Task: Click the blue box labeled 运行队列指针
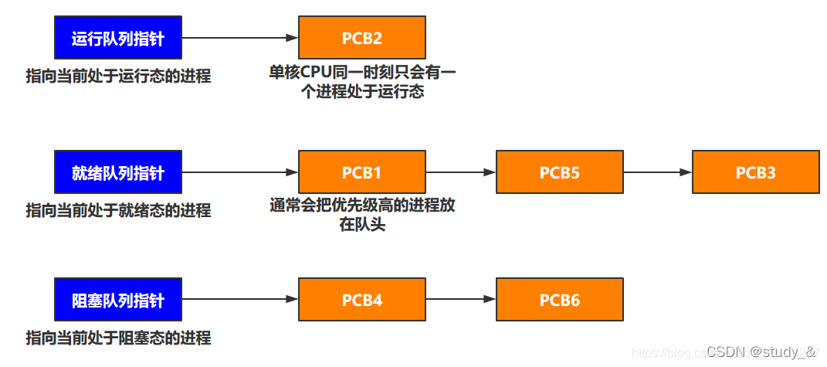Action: pyautogui.click(x=117, y=37)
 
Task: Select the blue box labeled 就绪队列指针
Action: pyautogui.click(x=117, y=172)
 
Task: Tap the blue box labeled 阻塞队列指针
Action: pyautogui.click(x=117, y=299)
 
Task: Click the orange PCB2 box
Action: pyautogui.click(x=361, y=37)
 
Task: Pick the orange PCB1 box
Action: pyautogui.click(x=361, y=172)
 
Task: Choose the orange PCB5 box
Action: pyautogui.click(x=559, y=172)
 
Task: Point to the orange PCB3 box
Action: pyautogui.click(x=755, y=172)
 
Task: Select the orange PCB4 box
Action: pyautogui.click(x=361, y=299)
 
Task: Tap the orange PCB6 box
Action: pyautogui.click(x=559, y=299)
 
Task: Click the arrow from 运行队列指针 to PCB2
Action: pyautogui.click(x=239, y=37)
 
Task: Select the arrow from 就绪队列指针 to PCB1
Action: pyautogui.click(x=239, y=172)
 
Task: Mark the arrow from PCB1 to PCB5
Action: pyautogui.click(x=460, y=172)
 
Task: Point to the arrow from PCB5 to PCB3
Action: pyautogui.click(x=657, y=172)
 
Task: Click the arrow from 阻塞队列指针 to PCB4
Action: pyautogui.click(x=239, y=299)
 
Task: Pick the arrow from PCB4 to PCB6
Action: pyautogui.click(x=460, y=299)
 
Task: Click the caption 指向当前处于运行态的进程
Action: pyautogui.click(x=118, y=76)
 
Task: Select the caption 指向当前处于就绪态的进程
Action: pyautogui.click(x=118, y=210)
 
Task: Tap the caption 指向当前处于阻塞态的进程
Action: pyautogui.click(x=118, y=338)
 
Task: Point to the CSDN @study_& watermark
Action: pyautogui.click(x=761, y=352)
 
